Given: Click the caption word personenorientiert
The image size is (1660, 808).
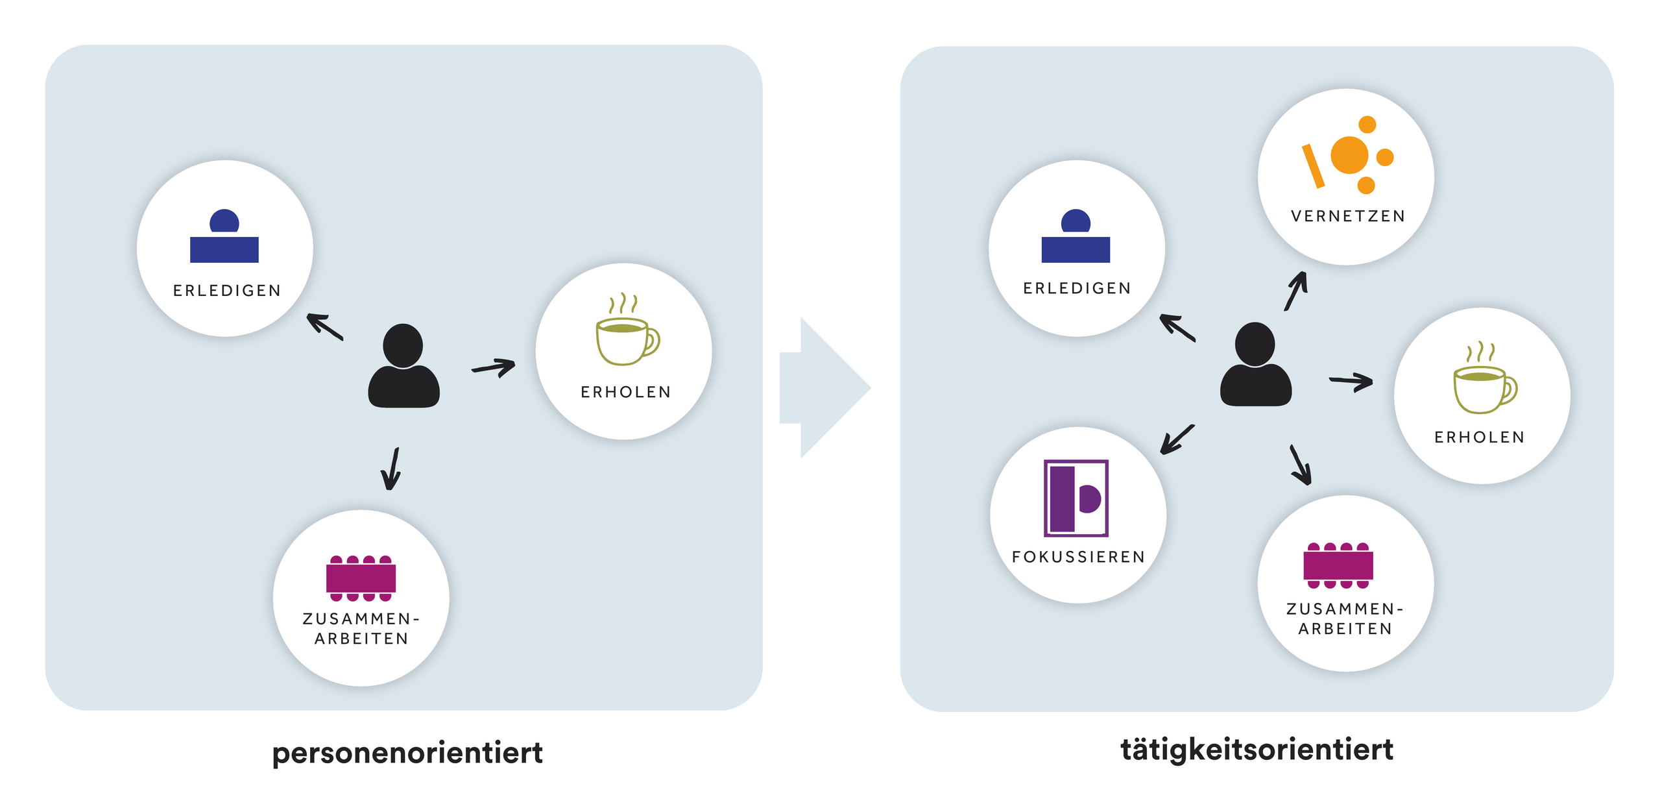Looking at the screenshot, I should click(x=407, y=753).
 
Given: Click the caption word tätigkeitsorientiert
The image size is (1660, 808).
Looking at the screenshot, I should click(x=1257, y=750).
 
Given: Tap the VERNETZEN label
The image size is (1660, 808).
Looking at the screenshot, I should click(x=1347, y=216).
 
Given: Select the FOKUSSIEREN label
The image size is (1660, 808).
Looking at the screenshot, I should click(x=1078, y=557).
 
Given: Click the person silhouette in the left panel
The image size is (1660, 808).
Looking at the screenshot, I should click(x=403, y=367).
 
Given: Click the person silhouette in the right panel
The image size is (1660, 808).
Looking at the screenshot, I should click(x=1255, y=365).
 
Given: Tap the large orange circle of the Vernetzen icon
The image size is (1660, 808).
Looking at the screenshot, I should click(x=1349, y=155).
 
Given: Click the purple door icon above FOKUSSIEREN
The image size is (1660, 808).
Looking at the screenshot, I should click(x=1076, y=498).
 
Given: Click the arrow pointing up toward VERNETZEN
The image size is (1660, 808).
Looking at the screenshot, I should click(x=1295, y=291).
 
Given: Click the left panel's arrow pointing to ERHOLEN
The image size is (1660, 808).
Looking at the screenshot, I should click(x=494, y=367).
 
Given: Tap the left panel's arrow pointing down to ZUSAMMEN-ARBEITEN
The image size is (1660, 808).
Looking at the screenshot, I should click(x=392, y=469).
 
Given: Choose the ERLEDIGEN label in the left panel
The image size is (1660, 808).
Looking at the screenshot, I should click(x=227, y=291).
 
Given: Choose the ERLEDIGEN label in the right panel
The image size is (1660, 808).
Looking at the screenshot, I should click(x=1077, y=288).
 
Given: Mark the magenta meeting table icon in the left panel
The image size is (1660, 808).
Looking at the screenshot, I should click(x=361, y=578).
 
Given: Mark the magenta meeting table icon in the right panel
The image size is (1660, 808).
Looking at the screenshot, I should click(x=1338, y=565).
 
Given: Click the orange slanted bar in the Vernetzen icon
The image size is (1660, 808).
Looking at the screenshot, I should click(x=1313, y=166).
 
